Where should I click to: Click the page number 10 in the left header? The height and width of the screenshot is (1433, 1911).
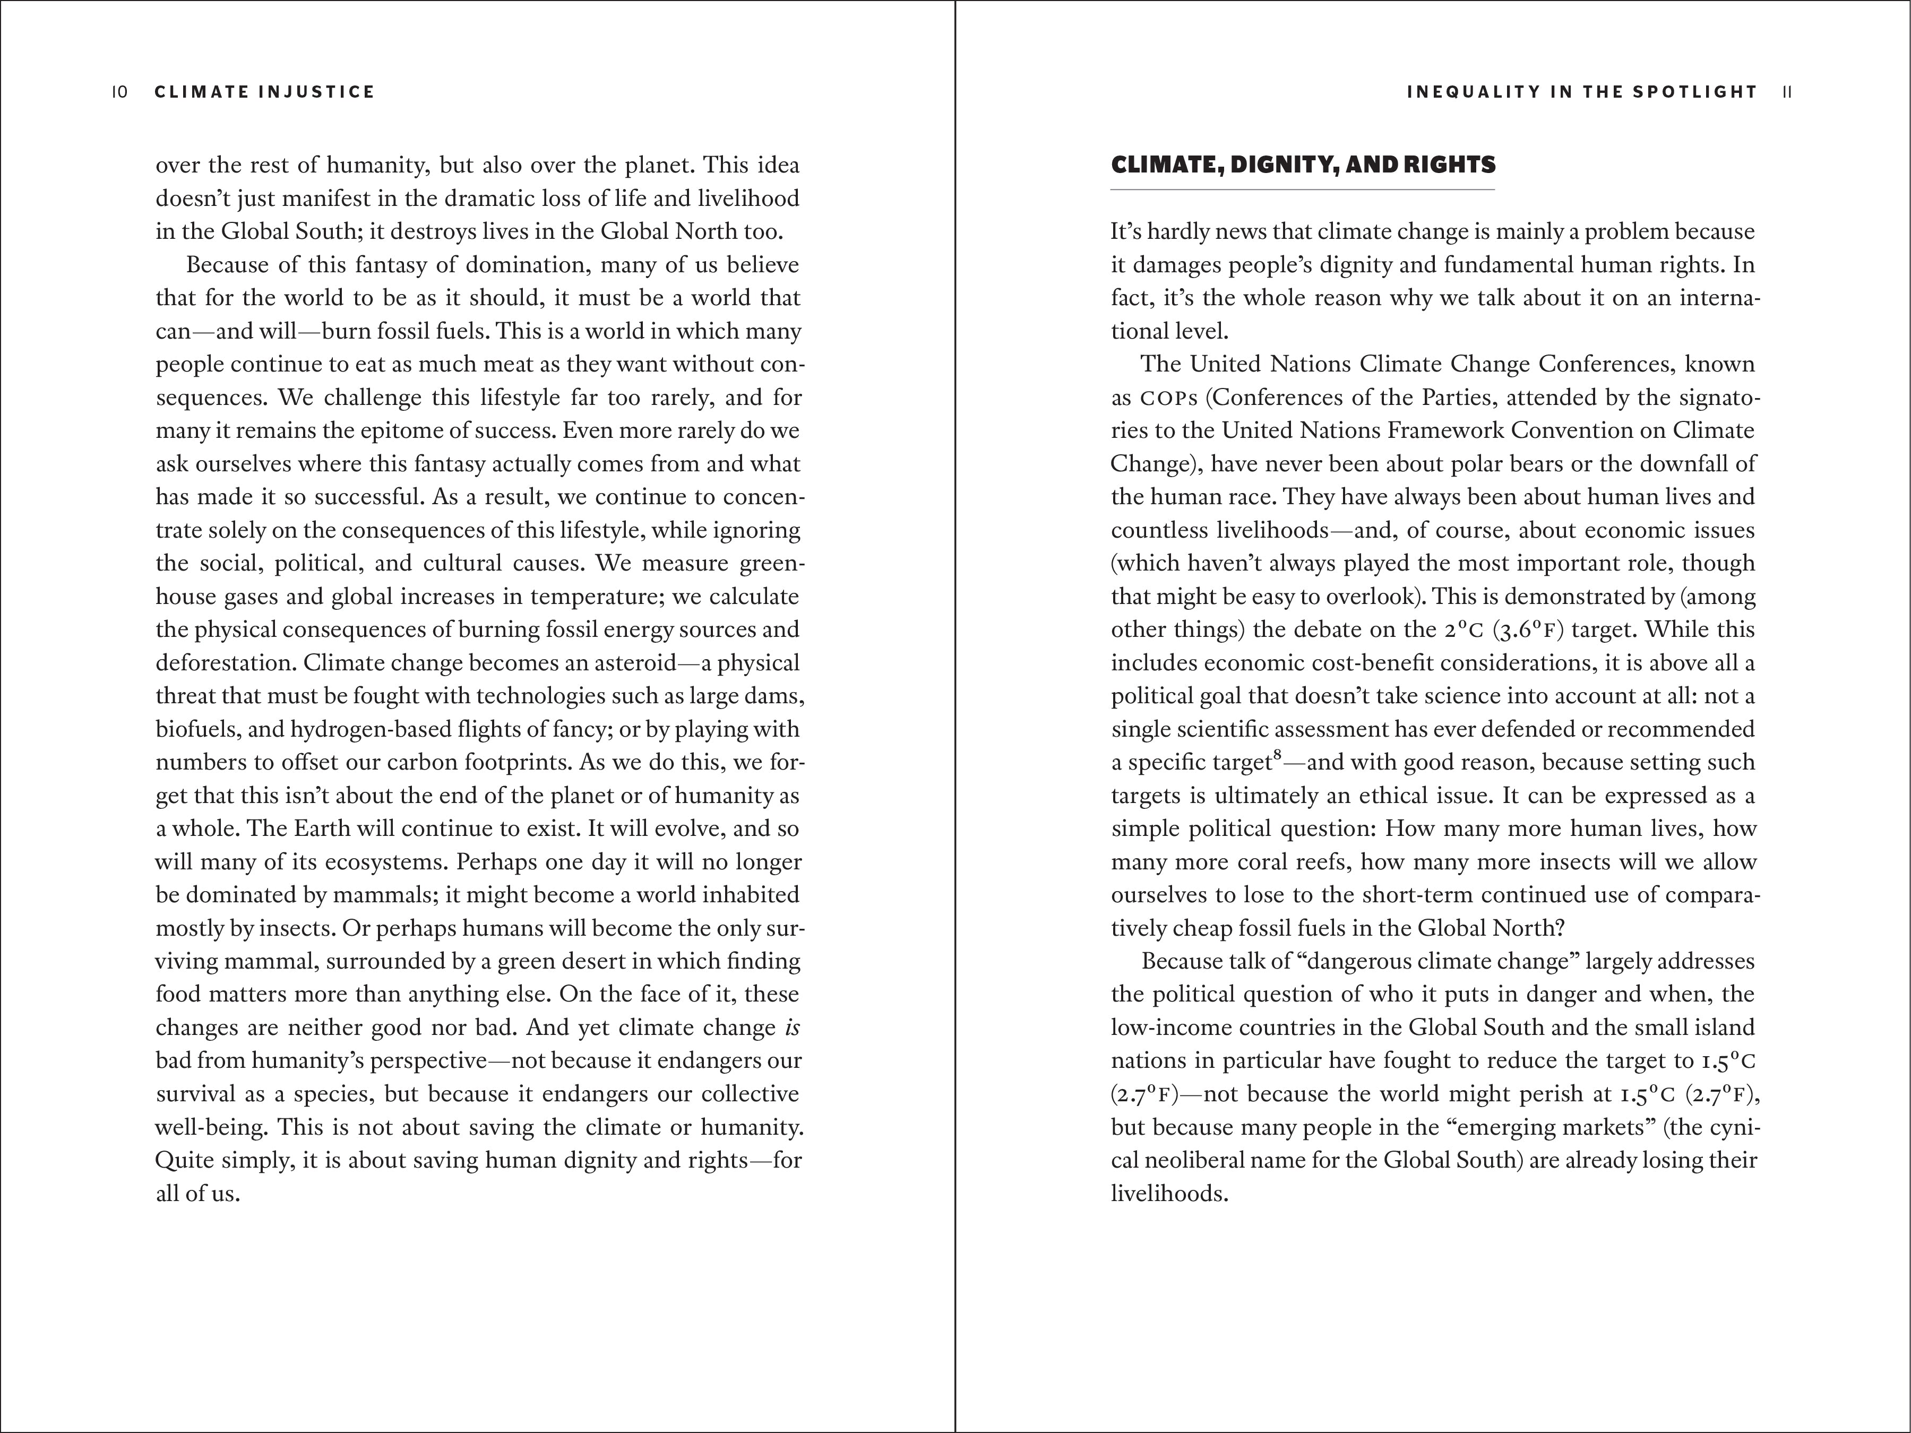120,92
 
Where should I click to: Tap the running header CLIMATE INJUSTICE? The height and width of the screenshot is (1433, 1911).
264,92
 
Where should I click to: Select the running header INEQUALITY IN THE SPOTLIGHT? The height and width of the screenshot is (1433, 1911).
1582,92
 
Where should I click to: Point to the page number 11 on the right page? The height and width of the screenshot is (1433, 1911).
1787,92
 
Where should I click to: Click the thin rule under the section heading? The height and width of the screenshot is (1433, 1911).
1302,189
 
